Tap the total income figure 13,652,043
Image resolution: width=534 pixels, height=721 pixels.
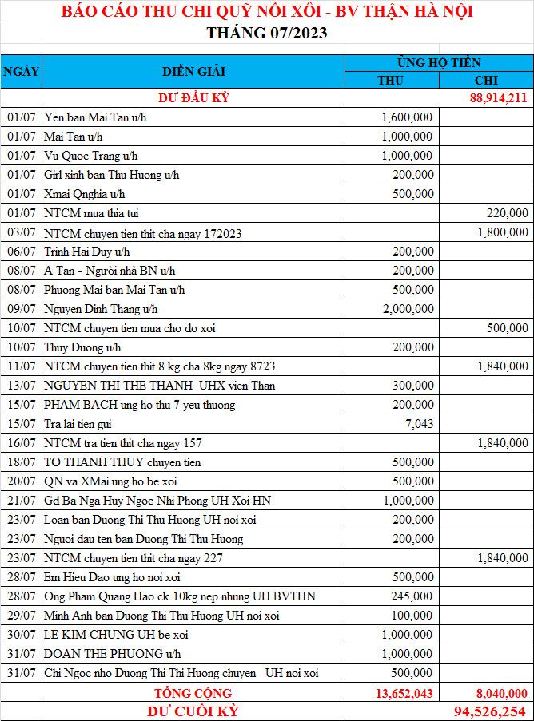[x=403, y=693]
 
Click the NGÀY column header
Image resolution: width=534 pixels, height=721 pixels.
[x=21, y=71]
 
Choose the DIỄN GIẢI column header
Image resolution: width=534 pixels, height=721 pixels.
[x=193, y=71]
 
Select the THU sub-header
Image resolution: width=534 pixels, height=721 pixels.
[x=391, y=80]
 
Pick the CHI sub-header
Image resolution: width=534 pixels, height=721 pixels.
[x=486, y=80]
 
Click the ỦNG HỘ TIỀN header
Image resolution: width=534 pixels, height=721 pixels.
[x=438, y=62]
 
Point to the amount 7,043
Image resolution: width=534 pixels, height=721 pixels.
[x=418, y=424]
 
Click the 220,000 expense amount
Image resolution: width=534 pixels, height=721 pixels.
[x=507, y=213]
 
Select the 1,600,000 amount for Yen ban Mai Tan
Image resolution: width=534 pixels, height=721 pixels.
[x=407, y=117]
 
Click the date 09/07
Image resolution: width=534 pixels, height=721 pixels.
[x=21, y=309]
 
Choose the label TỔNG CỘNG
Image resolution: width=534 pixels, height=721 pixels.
[x=193, y=693]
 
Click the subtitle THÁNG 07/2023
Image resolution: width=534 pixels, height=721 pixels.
[x=266, y=33]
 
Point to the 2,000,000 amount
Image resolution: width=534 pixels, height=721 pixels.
[x=407, y=309]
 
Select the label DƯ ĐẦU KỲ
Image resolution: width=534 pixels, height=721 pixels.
[x=193, y=98]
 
